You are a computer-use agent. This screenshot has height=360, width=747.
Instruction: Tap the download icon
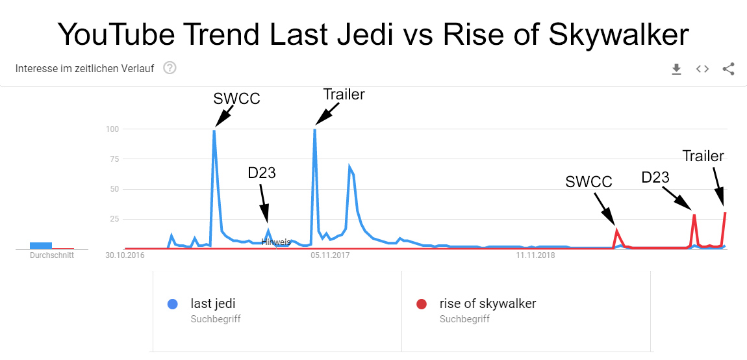tap(676, 69)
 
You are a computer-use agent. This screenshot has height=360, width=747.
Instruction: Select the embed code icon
tap(702, 69)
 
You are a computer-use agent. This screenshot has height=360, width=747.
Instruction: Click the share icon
tap(728, 69)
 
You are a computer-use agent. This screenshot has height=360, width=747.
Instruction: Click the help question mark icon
tap(170, 68)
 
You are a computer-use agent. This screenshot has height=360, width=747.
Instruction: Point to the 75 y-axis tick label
tap(114, 159)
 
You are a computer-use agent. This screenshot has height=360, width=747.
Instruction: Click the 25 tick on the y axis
tap(114, 219)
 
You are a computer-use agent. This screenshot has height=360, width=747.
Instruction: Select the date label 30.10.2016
tap(125, 255)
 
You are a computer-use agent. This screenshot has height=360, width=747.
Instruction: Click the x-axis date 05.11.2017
tap(329, 255)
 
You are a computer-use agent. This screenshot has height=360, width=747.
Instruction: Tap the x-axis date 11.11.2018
tap(535, 255)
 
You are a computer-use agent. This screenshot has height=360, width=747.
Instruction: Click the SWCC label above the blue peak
tap(236, 99)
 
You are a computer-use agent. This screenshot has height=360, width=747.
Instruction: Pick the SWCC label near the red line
tap(589, 182)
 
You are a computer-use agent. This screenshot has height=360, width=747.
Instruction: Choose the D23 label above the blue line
tap(262, 173)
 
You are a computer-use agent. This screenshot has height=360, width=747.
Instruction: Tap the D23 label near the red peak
tap(655, 177)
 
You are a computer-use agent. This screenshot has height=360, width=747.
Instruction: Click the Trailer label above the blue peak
tap(344, 94)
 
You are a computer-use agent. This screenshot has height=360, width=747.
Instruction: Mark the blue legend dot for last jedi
tap(172, 303)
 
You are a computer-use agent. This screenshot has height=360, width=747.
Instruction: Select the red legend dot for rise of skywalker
tap(422, 303)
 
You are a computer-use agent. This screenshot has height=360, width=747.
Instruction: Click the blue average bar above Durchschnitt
tap(41, 245)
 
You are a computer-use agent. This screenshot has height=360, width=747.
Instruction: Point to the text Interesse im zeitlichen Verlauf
tap(84, 68)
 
